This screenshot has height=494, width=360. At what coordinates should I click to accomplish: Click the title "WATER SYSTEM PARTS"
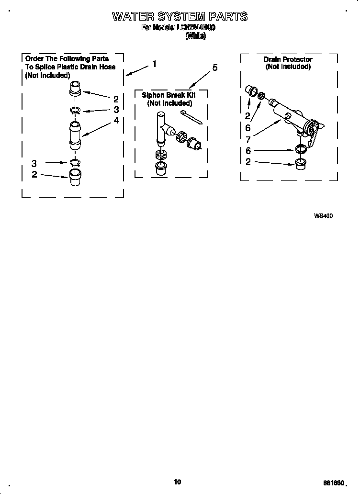tap(180, 17)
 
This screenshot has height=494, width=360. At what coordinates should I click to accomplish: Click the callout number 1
tap(154, 64)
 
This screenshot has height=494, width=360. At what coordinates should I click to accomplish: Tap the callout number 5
tap(215, 67)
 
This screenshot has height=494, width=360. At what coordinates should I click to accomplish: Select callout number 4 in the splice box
tap(116, 121)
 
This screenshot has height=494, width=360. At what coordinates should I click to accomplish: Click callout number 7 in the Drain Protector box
tap(248, 139)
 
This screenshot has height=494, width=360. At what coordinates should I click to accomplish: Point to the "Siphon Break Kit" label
tap(169, 95)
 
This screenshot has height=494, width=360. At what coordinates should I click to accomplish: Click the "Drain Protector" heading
tap(288, 59)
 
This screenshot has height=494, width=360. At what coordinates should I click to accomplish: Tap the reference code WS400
tap(323, 216)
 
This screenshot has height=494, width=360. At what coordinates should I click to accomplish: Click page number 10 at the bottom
tap(178, 482)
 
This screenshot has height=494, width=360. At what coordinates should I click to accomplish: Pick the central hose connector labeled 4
tap(76, 135)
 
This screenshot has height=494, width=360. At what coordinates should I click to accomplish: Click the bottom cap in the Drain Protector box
tap(301, 163)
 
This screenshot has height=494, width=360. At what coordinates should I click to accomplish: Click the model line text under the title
tap(178, 28)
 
